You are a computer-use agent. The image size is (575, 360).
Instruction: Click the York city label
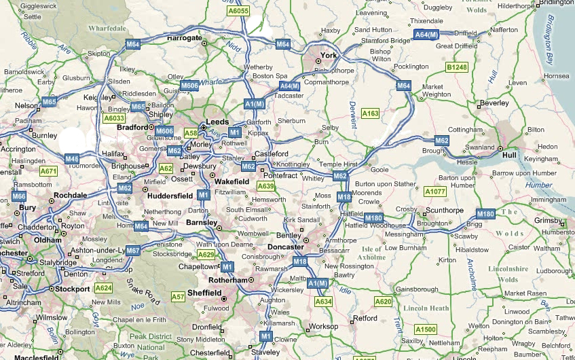point(329,55)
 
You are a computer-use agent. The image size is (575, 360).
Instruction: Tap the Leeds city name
point(217,121)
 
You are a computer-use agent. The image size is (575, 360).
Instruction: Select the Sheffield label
point(204,293)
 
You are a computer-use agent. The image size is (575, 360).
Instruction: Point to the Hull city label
point(509,155)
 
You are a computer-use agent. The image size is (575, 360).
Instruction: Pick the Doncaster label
point(285,247)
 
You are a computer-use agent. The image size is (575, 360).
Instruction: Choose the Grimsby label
point(549,220)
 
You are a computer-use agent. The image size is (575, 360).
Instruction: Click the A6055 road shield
point(238,11)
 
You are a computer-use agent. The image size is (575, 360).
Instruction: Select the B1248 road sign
point(457,67)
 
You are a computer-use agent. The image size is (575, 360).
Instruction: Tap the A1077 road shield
point(435,192)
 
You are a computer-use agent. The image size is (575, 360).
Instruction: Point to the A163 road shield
point(370,113)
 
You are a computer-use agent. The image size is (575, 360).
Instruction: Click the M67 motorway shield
point(132,251)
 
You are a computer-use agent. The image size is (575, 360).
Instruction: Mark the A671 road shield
point(48,170)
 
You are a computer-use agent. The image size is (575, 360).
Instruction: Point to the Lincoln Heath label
point(426,308)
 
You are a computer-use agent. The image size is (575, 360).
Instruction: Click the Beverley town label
point(494,103)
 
